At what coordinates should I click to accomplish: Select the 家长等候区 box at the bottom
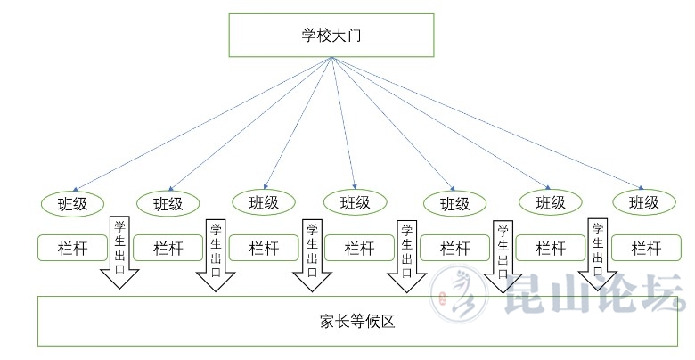point(356,321)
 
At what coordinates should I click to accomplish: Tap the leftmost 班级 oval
point(72,202)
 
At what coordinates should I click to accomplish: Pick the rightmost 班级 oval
point(643,202)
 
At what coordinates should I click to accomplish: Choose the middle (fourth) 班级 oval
point(355,202)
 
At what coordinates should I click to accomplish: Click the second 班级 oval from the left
point(168,203)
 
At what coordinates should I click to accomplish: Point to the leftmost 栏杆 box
point(72,248)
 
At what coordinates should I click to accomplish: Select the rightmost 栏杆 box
point(643,248)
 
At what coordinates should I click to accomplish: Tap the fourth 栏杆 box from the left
point(359,248)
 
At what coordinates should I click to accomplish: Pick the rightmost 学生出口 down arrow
point(597,254)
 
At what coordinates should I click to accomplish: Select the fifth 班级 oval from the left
point(454,203)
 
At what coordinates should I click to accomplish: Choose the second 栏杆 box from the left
point(168,248)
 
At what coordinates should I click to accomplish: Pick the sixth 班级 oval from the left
point(550,202)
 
